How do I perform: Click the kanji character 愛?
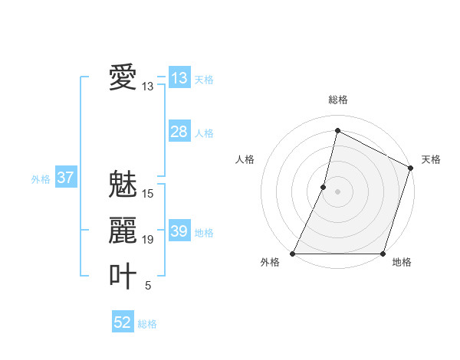[x=123, y=77]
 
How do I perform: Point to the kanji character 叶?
[x=123, y=276]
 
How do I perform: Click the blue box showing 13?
[x=179, y=78]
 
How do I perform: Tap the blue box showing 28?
[x=179, y=132]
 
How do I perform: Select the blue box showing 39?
[x=179, y=231]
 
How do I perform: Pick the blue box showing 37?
[x=66, y=178]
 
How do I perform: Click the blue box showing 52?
[x=123, y=322]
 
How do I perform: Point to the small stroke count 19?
[x=148, y=240]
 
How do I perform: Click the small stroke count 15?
[x=148, y=194]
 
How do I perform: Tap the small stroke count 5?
[x=148, y=286]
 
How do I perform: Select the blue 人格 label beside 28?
[x=204, y=133]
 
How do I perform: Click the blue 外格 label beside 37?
[x=41, y=179]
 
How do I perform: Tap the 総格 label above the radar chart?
[x=337, y=100]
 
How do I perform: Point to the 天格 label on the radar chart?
[x=431, y=159]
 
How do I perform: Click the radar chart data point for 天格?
[x=411, y=168]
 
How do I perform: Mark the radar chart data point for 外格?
[x=293, y=254]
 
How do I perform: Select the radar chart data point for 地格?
[x=383, y=254]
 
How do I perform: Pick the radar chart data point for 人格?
[x=324, y=187]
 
